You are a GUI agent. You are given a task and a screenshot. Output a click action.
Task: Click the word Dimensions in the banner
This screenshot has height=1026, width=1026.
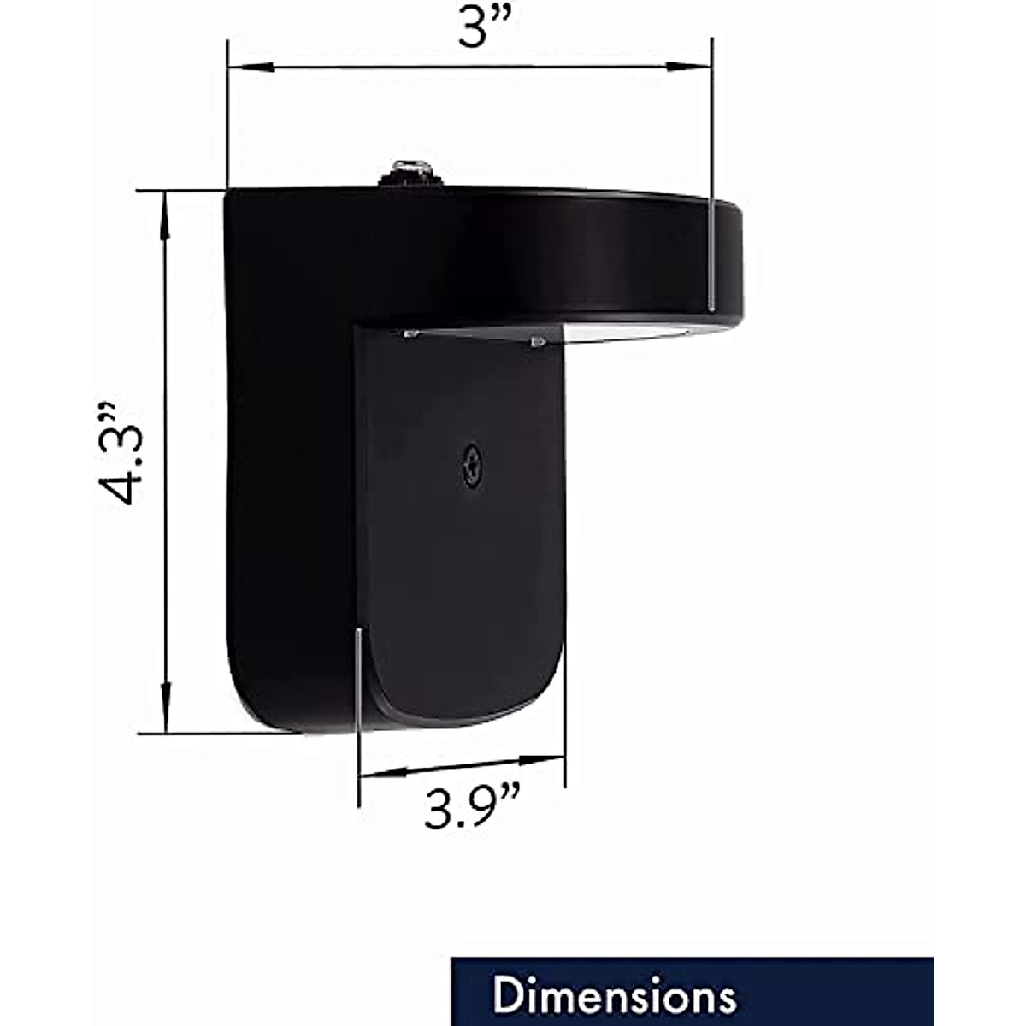[614, 996]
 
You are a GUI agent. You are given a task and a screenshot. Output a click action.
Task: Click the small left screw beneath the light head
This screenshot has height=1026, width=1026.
[410, 333]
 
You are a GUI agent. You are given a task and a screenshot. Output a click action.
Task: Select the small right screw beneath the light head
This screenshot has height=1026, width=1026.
[538, 342]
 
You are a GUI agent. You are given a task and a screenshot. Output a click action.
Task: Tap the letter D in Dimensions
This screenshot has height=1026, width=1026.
[508, 996]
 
